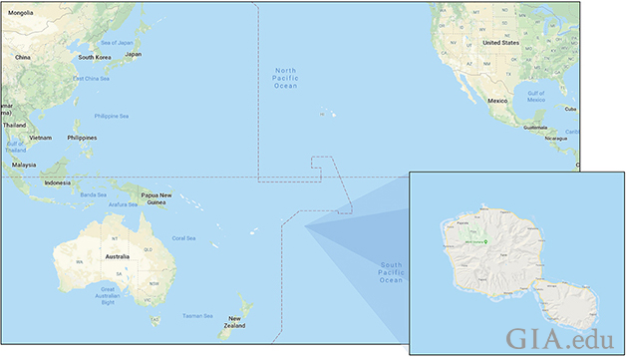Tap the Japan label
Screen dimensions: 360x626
[133, 54]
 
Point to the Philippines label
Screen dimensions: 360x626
[82, 137]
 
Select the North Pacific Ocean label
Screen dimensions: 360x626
[285, 78]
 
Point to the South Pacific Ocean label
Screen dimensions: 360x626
[391, 272]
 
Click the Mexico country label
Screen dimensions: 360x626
[497, 102]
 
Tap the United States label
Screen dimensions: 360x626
[501, 43]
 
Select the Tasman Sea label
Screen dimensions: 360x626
[197, 316]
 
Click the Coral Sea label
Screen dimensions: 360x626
[184, 237]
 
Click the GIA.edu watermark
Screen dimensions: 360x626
[558, 336]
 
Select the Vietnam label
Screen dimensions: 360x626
[41, 137]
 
